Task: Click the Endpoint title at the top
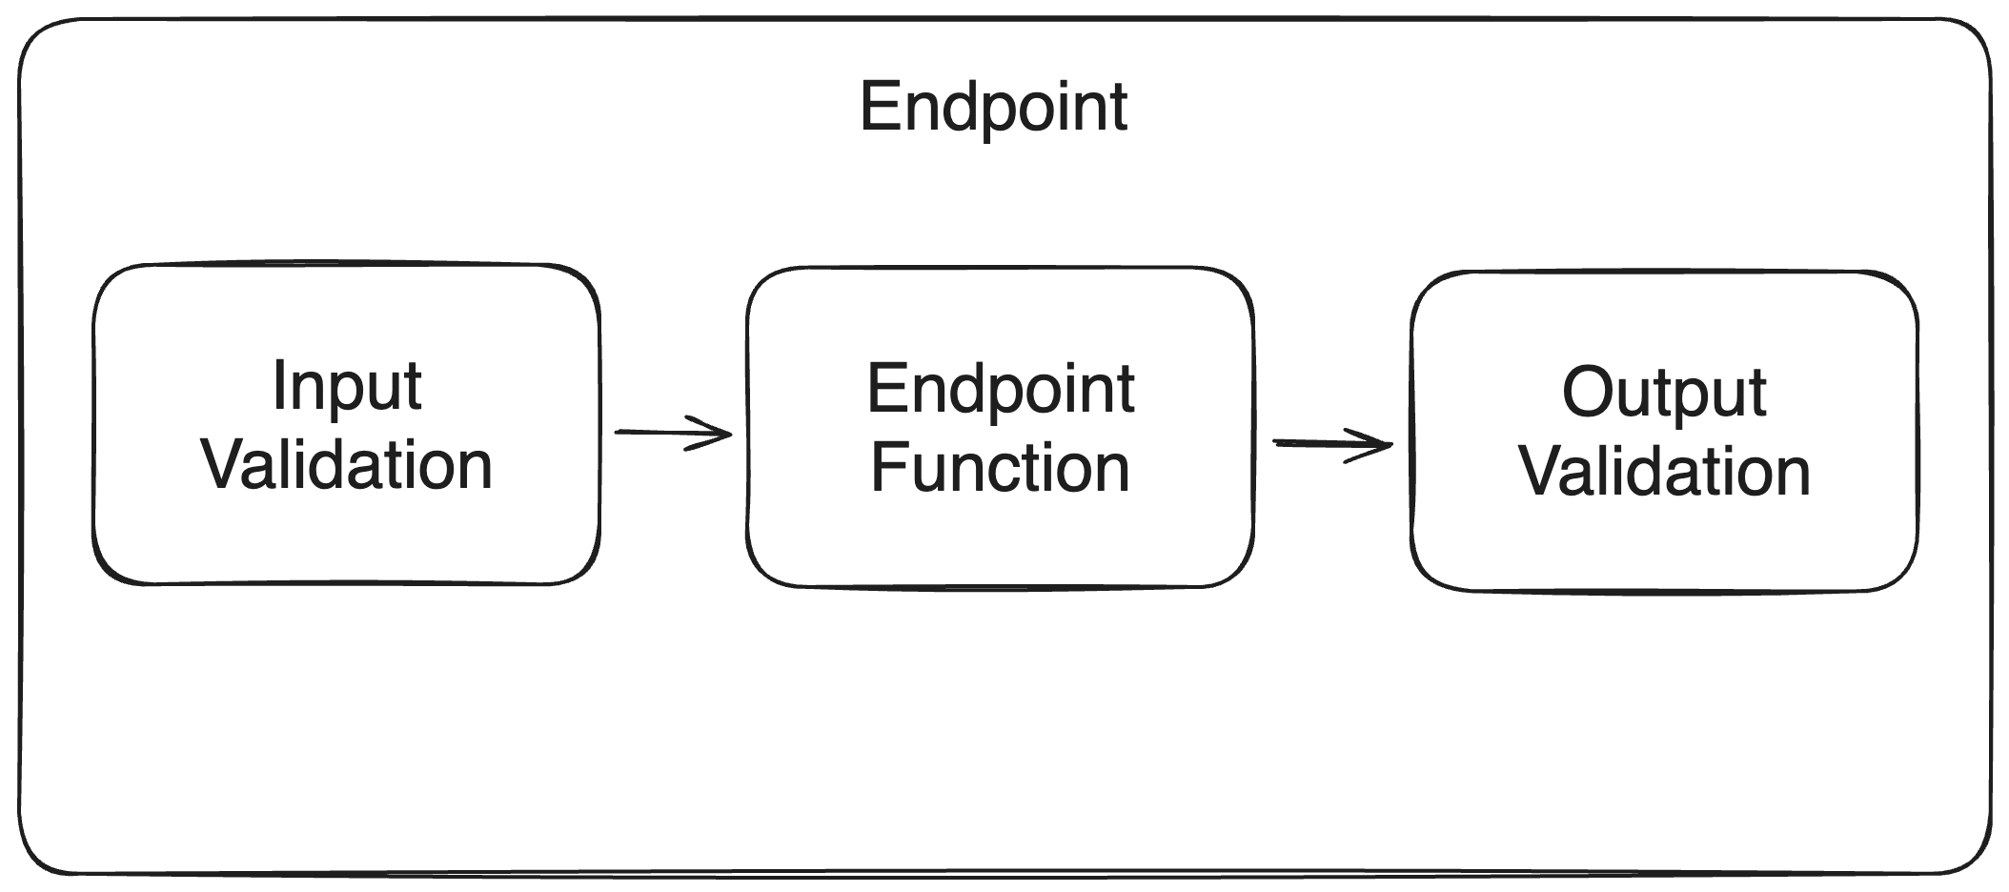[993, 107]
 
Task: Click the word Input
[347, 387]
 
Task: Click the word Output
[1664, 393]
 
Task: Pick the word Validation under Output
[1664, 471]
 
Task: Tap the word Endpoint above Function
[1001, 389]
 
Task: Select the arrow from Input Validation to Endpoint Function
[672, 434]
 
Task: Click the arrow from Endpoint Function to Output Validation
[1332, 444]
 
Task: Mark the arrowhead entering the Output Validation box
[1382, 445]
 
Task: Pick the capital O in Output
[1589, 392]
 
